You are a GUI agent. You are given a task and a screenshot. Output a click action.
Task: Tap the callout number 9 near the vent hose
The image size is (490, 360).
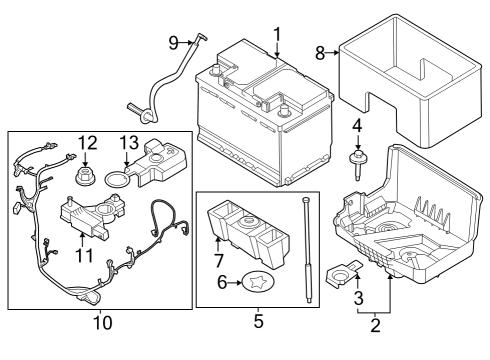coord(173,42)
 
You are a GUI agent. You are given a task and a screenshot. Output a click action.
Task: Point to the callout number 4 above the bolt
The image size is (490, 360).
coord(356,125)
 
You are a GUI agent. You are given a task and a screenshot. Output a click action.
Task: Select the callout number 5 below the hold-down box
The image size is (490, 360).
coord(258,322)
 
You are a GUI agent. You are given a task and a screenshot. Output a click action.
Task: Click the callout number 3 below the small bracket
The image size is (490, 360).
coord(356,297)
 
